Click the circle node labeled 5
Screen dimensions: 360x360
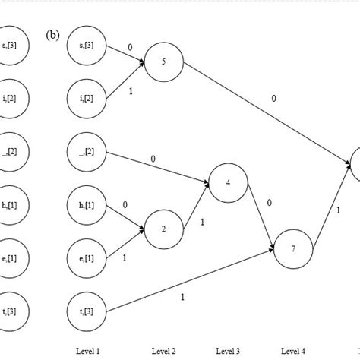click(x=163, y=61)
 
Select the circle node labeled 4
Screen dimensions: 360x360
click(x=228, y=182)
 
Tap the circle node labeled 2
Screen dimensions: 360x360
click(x=163, y=229)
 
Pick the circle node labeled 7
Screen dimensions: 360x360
click(x=292, y=248)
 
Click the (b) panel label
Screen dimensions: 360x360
click(x=52, y=35)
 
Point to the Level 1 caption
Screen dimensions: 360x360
click(x=88, y=350)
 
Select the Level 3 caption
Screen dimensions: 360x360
click(x=228, y=350)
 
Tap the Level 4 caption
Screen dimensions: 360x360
click(x=293, y=350)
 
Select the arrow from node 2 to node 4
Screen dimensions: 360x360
click(x=196, y=206)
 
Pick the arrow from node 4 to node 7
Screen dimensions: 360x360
click(x=260, y=216)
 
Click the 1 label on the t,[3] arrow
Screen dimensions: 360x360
click(x=182, y=297)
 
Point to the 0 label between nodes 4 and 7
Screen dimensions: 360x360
click(x=269, y=203)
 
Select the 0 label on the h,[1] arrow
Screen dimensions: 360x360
click(x=125, y=204)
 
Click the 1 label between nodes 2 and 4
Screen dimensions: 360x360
click(x=202, y=223)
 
